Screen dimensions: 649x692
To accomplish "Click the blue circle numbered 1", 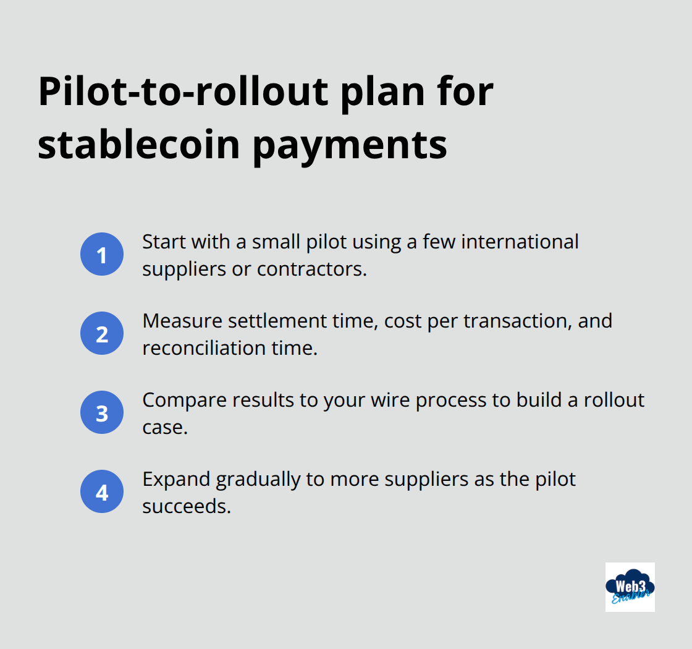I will tap(102, 254).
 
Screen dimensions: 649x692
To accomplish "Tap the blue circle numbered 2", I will tap(102, 333).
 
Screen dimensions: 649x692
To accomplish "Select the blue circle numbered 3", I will tap(102, 412).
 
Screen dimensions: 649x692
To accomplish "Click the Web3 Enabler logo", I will tap(630, 587).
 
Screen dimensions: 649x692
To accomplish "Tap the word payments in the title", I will tap(351, 146).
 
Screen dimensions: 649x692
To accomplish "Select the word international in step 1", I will tap(520, 242).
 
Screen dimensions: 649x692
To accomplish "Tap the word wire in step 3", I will tap(390, 400).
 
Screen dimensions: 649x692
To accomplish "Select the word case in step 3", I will tap(164, 427).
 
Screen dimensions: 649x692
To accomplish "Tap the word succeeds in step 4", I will tap(187, 506).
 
